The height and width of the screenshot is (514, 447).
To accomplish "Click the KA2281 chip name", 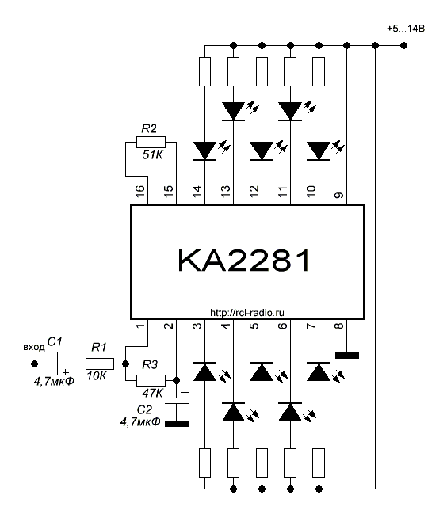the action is click(243, 261).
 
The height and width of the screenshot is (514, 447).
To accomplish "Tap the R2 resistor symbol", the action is click(151, 143).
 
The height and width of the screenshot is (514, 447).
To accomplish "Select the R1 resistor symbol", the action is click(100, 364).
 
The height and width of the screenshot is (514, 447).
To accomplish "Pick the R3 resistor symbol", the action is click(151, 381).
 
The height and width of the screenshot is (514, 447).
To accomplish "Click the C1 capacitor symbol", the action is click(55, 364).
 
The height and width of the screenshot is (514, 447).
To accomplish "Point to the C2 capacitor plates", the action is click(177, 400).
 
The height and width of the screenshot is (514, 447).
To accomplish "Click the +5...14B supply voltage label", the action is click(406, 29).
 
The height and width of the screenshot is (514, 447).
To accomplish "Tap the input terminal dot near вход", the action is click(34, 364).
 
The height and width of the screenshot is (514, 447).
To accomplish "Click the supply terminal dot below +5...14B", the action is click(404, 45).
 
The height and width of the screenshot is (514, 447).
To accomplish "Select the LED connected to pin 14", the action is click(204, 150).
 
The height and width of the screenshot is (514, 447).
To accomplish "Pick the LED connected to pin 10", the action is click(319, 150).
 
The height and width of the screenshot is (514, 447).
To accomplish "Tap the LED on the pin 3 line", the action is click(204, 371).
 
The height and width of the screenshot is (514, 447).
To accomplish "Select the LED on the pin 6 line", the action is click(290, 412).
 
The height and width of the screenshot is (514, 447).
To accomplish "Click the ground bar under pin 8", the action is click(347, 356).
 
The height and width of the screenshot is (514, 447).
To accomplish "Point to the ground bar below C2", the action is click(177, 424).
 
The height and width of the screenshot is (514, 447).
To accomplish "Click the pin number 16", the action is click(139, 190).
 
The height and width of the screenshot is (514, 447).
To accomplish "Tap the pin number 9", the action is click(339, 195).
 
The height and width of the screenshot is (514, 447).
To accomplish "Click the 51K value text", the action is click(152, 154).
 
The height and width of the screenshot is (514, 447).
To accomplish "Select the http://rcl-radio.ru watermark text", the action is click(247, 313).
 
